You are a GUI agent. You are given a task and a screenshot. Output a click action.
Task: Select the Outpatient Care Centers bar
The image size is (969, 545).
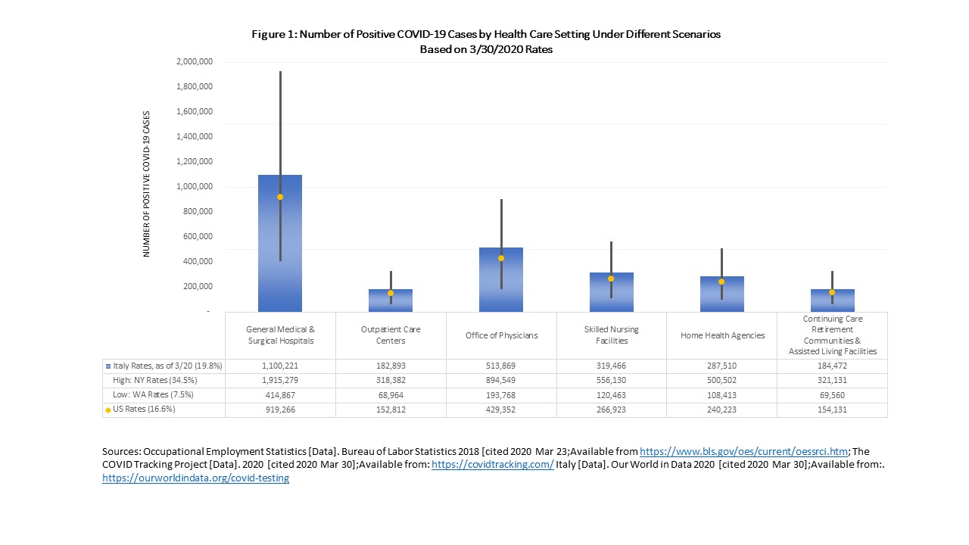coord(391,301)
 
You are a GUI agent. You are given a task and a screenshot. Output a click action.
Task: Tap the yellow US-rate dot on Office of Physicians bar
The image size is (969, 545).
coord(501,258)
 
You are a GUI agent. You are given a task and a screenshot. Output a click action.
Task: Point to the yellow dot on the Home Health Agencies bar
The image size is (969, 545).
coord(721,282)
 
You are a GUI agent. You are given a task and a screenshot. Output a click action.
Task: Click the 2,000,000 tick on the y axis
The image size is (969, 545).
coord(195,62)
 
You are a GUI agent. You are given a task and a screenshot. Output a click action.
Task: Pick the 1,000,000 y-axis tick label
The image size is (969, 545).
coord(195,187)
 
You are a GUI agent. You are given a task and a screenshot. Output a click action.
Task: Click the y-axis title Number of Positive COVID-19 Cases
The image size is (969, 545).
coord(147,184)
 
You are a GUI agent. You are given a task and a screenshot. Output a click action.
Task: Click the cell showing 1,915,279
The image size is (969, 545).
coord(280,381)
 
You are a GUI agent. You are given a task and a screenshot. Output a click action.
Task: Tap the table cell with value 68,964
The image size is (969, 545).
coord(391,395)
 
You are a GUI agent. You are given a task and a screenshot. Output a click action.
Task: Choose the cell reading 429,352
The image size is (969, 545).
coord(501,410)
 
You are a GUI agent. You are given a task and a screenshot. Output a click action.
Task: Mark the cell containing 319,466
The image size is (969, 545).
coord(611,366)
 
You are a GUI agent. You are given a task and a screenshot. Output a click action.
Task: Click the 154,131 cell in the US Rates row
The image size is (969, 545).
coord(831,410)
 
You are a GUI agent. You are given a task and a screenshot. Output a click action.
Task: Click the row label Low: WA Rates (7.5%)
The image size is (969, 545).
coord(152,395)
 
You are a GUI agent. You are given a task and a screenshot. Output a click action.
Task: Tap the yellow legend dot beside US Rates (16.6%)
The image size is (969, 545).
coord(108,410)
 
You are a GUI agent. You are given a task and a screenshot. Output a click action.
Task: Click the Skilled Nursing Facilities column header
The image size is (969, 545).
coord(611,335)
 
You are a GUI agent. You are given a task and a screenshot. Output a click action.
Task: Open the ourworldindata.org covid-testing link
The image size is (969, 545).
coord(195,478)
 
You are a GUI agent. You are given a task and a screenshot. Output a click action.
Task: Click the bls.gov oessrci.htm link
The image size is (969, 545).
coord(743,451)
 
